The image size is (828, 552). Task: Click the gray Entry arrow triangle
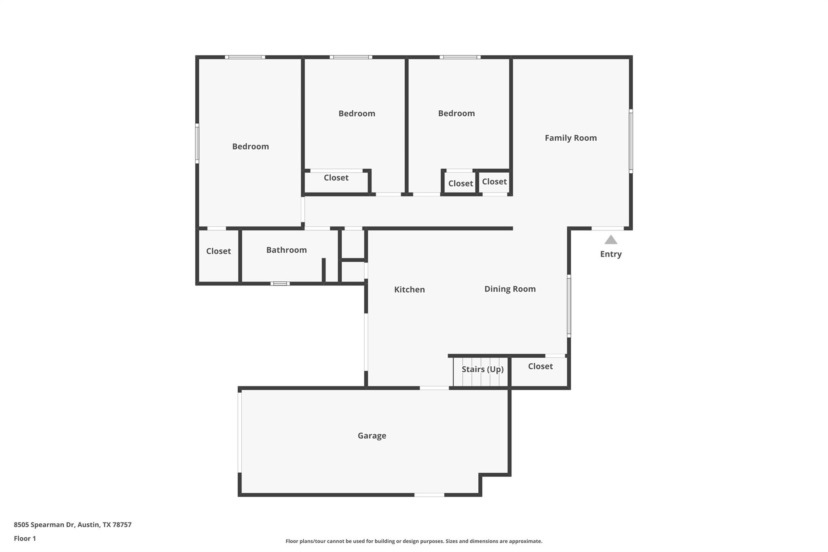(611, 240)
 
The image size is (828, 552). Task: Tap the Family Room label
(570, 138)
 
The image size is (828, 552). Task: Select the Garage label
(372, 436)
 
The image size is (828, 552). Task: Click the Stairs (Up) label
(483, 369)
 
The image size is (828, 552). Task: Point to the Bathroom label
(286, 250)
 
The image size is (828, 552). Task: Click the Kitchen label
(410, 290)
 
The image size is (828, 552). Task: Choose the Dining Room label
(510, 289)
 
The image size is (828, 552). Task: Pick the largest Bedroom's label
(250, 146)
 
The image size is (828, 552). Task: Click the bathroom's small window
(280, 283)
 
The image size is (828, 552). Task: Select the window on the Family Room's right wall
(631, 141)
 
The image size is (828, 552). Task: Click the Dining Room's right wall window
(569, 306)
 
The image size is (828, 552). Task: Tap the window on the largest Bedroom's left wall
(197, 144)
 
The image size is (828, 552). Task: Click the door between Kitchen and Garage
(434, 388)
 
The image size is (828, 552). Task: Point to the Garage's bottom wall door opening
(429, 495)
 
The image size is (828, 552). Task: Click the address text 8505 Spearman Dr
(44, 525)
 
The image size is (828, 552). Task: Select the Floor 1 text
(25, 538)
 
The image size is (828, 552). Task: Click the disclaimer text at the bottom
(414, 541)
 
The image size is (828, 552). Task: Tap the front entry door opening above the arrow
(608, 228)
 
